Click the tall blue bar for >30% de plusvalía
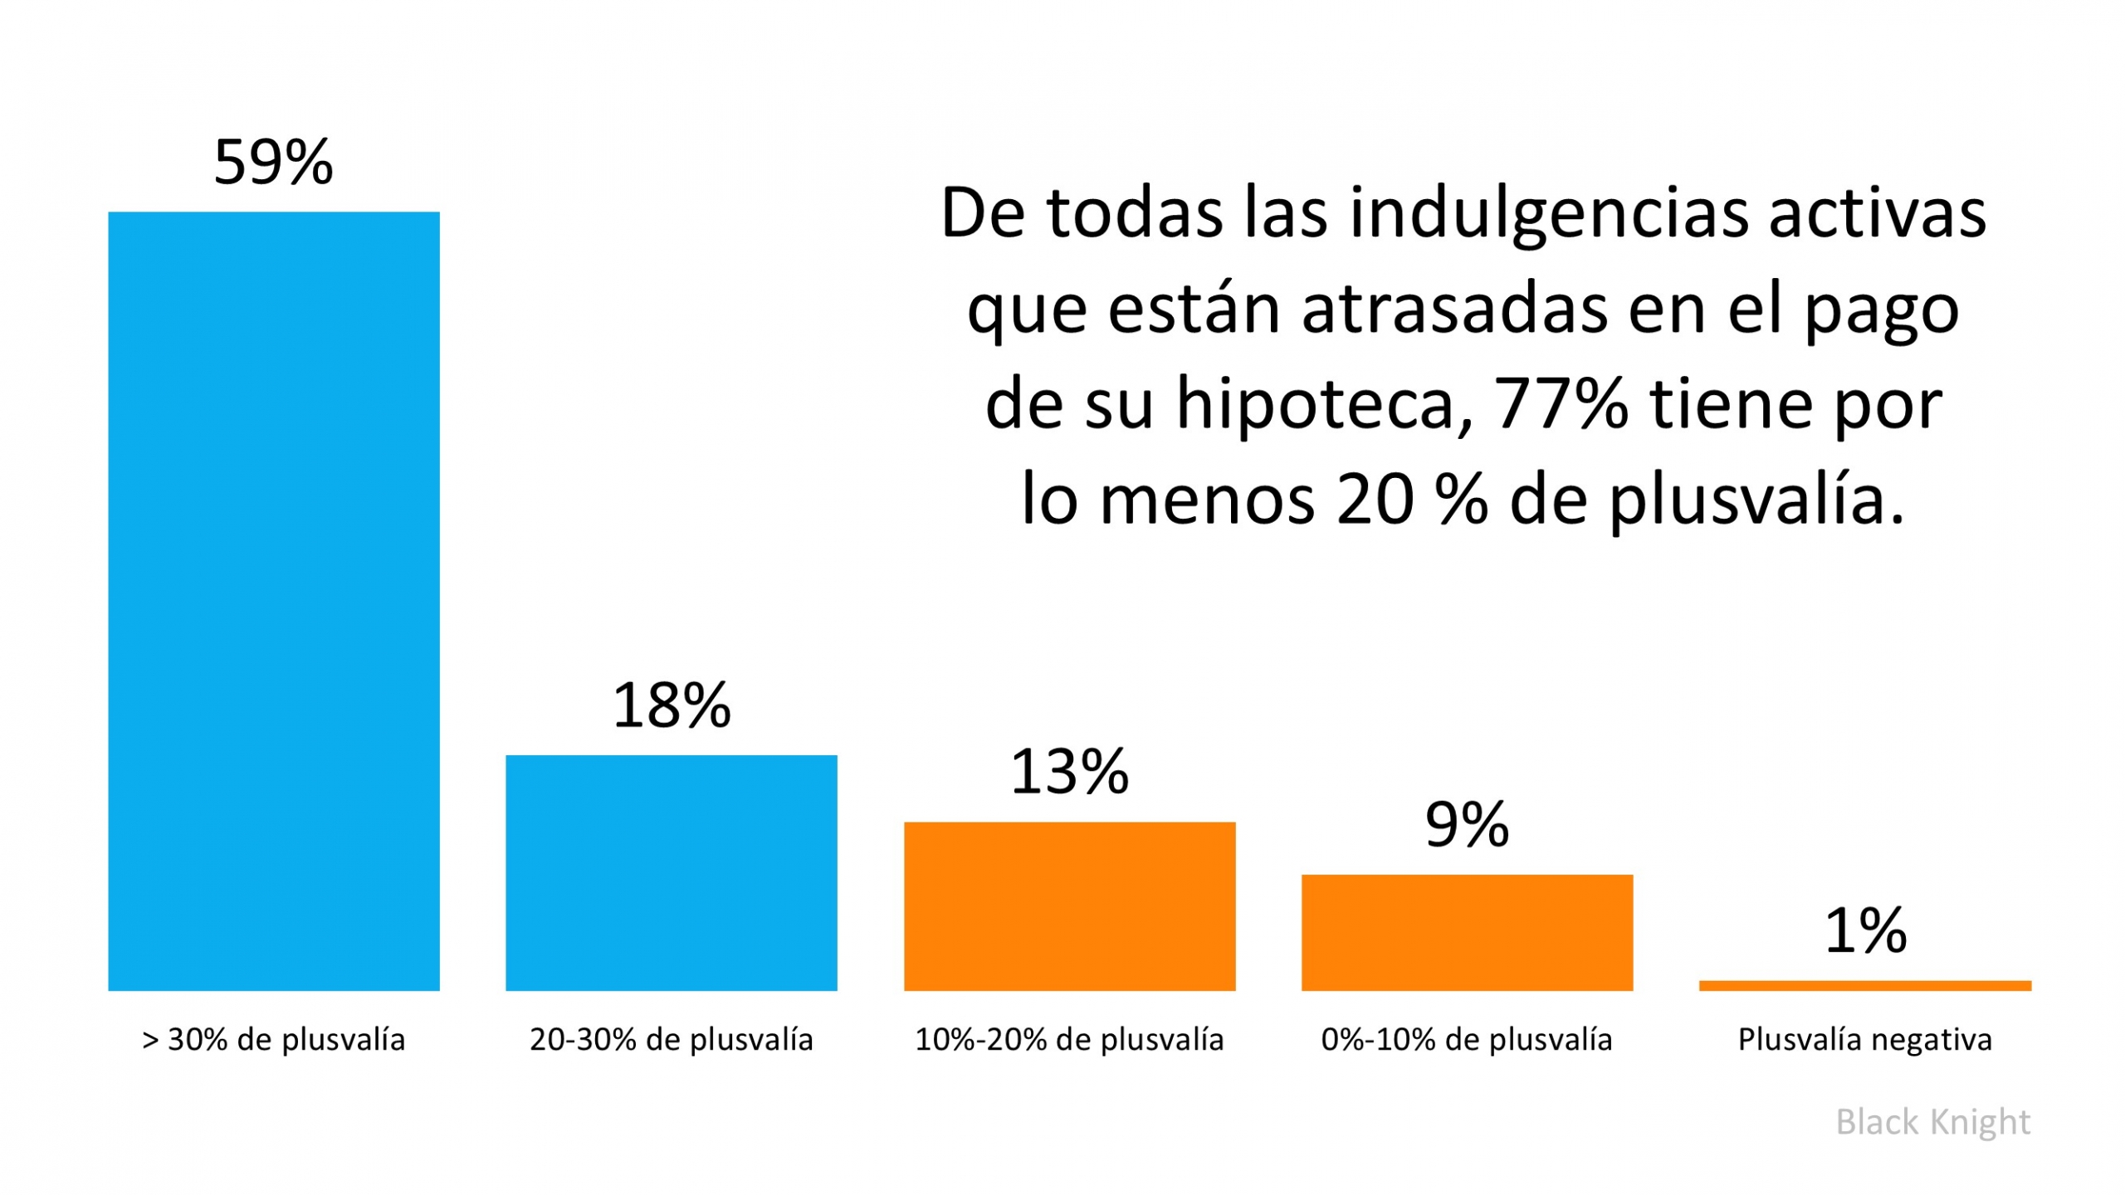(x=273, y=601)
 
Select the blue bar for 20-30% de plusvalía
(x=671, y=872)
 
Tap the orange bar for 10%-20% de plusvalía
(x=1069, y=906)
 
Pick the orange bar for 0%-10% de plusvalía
(x=1467, y=932)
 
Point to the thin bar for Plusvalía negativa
(x=1864, y=986)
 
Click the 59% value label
(x=273, y=162)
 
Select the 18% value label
(x=671, y=705)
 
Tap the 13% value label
(x=1069, y=772)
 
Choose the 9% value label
(x=1467, y=825)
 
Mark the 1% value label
(x=1864, y=930)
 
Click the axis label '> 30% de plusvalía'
(x=273, y=1040)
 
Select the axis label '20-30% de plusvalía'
(x=671, y=1040)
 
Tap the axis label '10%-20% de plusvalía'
(x=1069, y=1040)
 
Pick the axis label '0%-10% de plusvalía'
(x=1467, y=1040)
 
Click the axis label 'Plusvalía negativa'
(x=1864, y=1040)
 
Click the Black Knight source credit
(x=1932, y=1122)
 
